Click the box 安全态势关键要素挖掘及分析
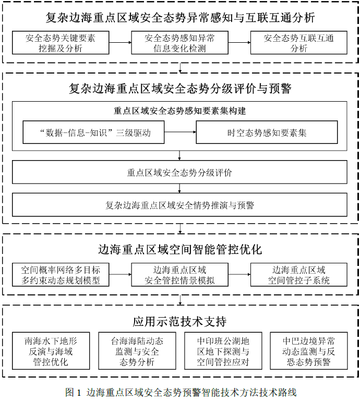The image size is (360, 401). (x=61, y=43)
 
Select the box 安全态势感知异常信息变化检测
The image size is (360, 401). (x=179, y=43)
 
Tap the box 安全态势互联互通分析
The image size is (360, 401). (x=298, y=43)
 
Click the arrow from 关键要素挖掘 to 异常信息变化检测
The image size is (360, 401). (x=120, y=42)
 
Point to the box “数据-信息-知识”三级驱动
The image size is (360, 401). (x=93, y=132)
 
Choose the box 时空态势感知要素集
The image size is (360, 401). (x=267, y=132)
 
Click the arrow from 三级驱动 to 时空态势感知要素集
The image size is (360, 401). (x=180, y=132)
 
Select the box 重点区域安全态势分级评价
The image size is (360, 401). (x=179, y=172)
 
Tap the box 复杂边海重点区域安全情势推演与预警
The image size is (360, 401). (x=179, y=205)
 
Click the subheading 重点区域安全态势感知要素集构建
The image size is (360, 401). (x=179, y=111)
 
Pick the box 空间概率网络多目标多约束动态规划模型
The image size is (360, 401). (x=61, y=275)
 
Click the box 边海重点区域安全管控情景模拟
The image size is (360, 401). (x=179, y=275)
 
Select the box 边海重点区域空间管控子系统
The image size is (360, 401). (x=298, y=275)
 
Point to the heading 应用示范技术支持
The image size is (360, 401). (x=179, y=321)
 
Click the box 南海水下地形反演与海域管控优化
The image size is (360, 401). (x=51, y=351)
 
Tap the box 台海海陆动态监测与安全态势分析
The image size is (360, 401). (x=137, y=351)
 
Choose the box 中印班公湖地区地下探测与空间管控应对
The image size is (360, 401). (x=223, y=351)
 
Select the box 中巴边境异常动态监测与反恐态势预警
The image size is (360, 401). (x=309, y=351)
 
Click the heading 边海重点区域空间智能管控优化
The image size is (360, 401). (x=180, y=249)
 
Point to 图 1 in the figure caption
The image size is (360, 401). (x=73, y=392)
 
